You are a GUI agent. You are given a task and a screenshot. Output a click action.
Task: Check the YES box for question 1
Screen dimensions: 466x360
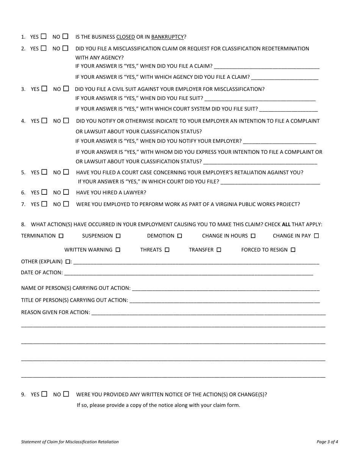44,36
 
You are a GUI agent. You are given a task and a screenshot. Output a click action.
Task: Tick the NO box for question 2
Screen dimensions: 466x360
66,48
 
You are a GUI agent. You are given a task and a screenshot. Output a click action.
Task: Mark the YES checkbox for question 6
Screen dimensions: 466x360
44,192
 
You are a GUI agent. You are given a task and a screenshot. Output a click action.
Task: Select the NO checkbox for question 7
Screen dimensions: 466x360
66,204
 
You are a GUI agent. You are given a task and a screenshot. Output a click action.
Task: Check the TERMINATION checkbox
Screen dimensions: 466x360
61,236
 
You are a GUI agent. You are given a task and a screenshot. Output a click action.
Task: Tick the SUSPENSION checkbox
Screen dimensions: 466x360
118,236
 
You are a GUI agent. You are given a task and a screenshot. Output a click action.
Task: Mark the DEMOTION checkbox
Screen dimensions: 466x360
180,236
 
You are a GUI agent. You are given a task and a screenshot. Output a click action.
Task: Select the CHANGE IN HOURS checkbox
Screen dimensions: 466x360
253,236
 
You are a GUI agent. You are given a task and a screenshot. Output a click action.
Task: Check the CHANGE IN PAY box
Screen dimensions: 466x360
316,236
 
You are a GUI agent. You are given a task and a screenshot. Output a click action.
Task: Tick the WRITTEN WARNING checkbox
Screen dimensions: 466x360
118,250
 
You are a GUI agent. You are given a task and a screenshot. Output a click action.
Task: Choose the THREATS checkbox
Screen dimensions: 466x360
167,250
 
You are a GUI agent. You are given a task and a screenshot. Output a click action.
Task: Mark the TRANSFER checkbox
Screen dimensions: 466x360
219,250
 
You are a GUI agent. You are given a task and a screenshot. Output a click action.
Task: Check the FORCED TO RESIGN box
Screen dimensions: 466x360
293,250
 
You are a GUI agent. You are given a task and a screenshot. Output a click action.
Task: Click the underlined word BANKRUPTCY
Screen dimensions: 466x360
167,37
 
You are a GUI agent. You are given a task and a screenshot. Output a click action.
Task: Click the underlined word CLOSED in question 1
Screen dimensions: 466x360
125,37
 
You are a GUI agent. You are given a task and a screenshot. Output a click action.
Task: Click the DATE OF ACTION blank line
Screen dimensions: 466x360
188,273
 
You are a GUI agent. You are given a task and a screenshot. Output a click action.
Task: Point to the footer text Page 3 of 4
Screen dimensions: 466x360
327,441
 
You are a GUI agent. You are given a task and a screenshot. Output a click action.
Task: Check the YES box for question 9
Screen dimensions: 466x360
44,394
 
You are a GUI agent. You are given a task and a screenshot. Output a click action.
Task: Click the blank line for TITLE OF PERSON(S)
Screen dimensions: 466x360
224,300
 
